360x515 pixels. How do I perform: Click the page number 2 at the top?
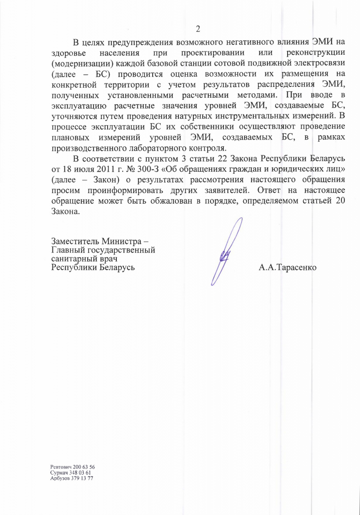coord(198,29)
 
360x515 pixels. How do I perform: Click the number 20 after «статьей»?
coord(339,201)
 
